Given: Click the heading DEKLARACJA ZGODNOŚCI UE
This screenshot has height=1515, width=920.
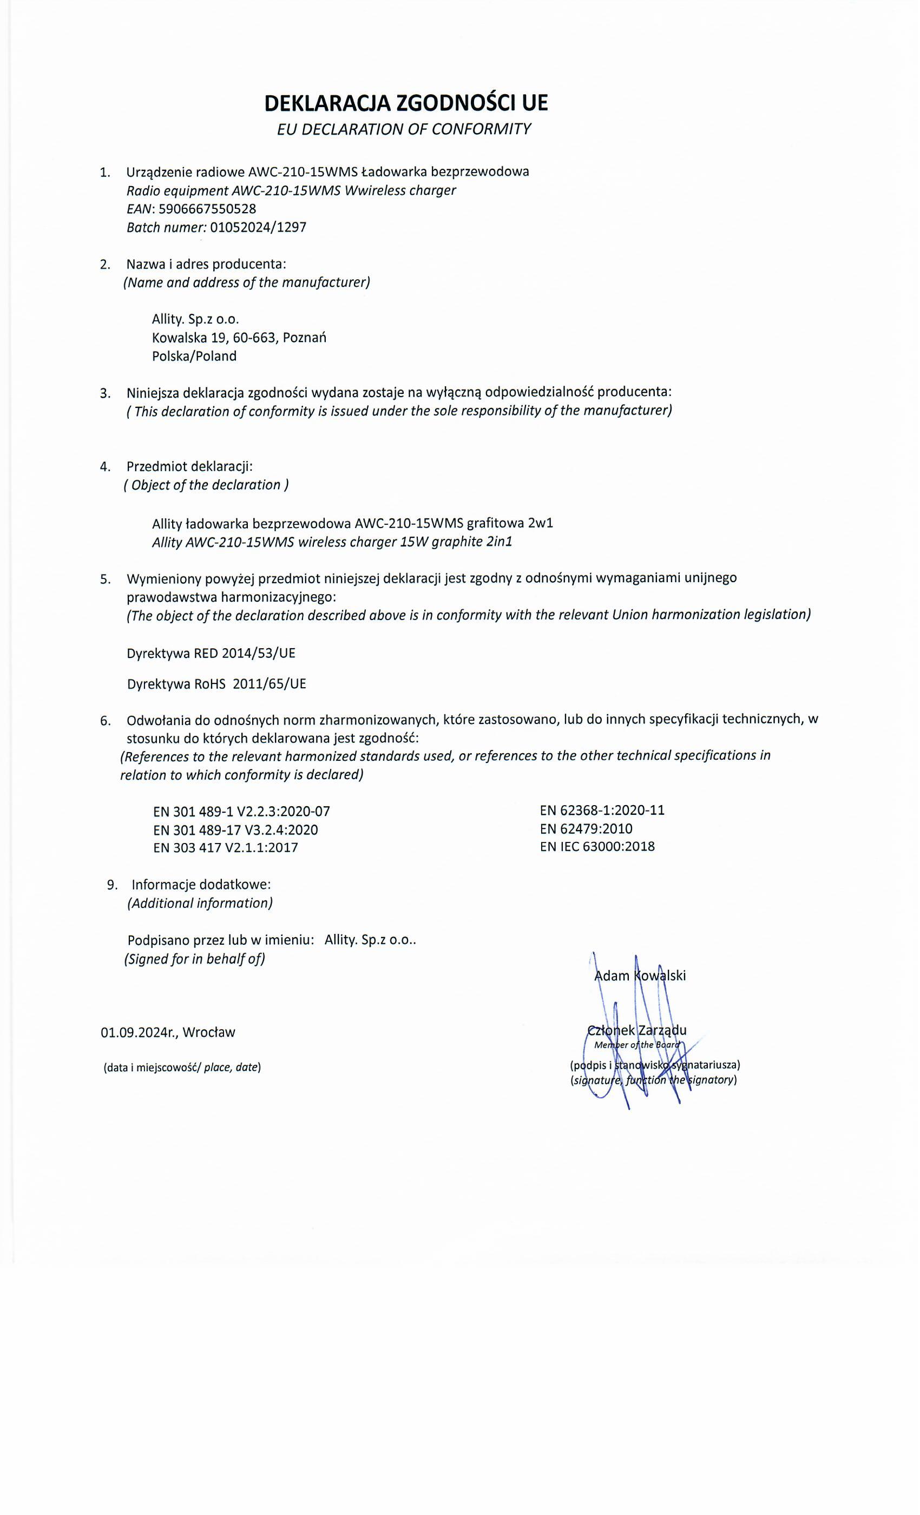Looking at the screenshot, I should coord(406,103).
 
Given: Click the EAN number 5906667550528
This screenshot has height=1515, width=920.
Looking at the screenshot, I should coord(207,208).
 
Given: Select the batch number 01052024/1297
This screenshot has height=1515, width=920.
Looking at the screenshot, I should coord(258,227).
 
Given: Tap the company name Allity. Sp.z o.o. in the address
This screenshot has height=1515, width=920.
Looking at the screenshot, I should coord(195,319).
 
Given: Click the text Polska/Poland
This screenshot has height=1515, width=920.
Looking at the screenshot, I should coord(194,356).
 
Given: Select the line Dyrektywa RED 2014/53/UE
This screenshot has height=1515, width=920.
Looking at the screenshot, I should coord(211,653).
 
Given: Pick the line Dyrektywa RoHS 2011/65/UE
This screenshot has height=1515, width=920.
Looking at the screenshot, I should coord(216,684).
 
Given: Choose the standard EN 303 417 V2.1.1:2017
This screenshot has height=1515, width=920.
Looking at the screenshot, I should coord(226,847).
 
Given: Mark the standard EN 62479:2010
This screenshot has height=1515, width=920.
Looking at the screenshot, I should coord(586,828).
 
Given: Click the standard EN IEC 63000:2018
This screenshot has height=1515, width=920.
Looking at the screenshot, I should coord(597,846).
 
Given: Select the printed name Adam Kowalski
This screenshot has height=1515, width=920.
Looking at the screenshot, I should coord(640,976).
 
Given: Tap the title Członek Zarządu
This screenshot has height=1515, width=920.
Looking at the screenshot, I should coord(637,1031).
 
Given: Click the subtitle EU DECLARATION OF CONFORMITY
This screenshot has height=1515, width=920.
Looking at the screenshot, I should coord(404,129).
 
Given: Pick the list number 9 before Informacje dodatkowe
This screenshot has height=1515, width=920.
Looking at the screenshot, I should coord(111,885).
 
